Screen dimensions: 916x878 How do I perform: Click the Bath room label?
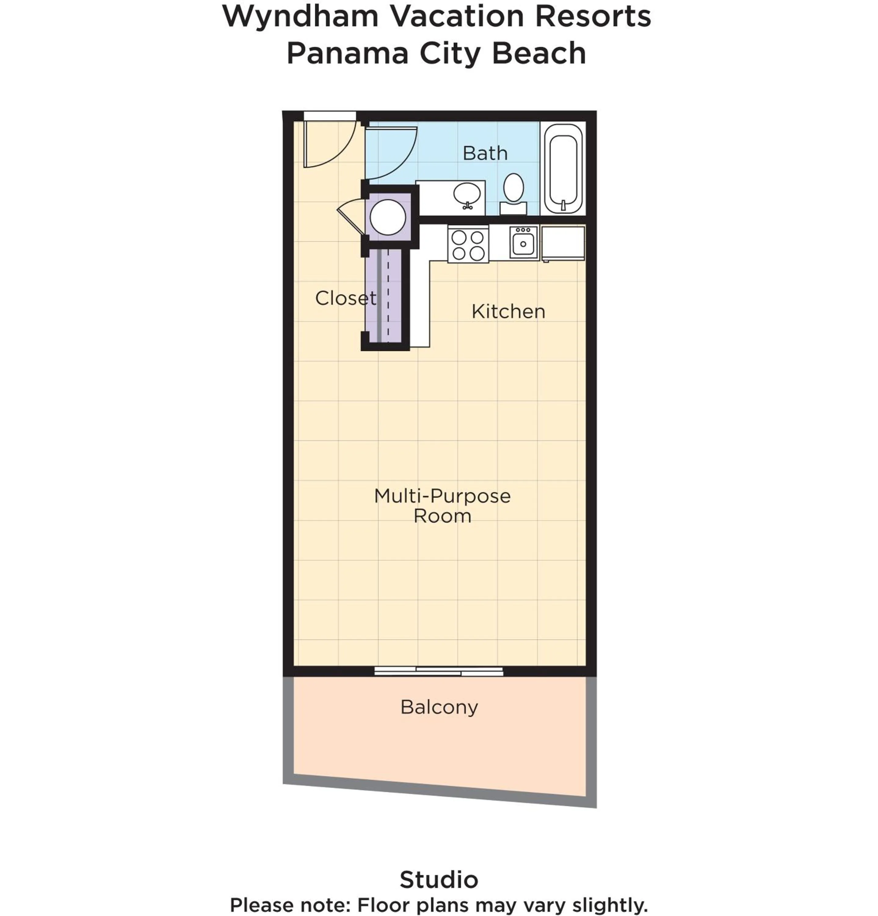pyautogui.click(x=484, y=153)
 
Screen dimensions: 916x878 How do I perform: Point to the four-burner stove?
pyautogui.click(x=468, y=245)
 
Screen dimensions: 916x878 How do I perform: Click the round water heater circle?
pyautogui.click(x=387, y=217)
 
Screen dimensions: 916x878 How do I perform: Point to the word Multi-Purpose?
pyautogui.click(x=442, y=496)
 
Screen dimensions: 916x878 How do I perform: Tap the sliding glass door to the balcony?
pyautogui.click(x=438, y=671)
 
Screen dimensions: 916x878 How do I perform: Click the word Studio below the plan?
pyautogui.click(x=439, y=880)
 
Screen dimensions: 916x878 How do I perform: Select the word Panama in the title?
pyautogui.click(x=347, y=54)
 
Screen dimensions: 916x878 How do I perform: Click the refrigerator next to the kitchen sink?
pyautogui.click(x=563, y=243)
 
